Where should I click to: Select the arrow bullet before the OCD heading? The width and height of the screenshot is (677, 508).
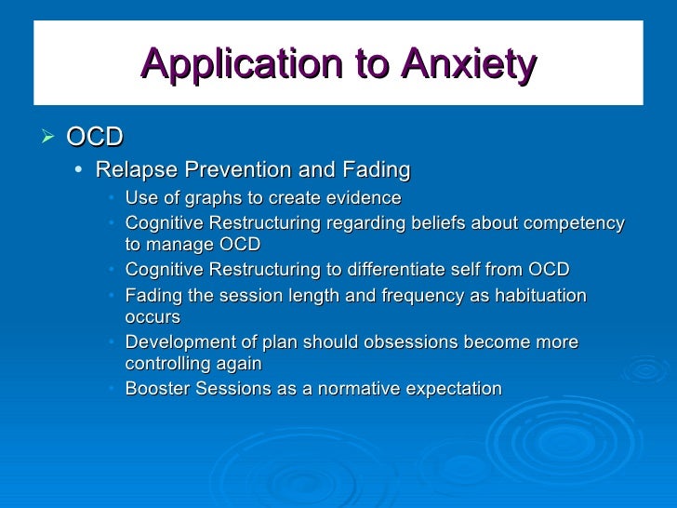[50, 138]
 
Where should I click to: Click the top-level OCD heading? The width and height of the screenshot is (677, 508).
[95, 138]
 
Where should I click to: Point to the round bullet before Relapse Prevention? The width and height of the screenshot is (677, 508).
[81, 170]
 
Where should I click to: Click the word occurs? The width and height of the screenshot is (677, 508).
[153, 317]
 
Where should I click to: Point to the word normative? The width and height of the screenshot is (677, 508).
[361, 389]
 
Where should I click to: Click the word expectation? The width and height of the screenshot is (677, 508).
[455, 389]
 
